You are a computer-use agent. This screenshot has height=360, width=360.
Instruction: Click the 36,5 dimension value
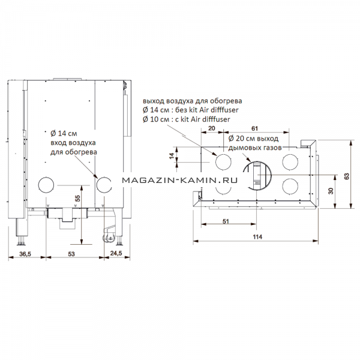[x=25, y=254]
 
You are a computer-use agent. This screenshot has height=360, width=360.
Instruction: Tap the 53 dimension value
[x=71, y=254]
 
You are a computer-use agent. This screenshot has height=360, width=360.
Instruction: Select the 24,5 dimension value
[x=116, y=253]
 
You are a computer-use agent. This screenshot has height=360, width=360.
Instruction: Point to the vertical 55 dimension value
[x=78, y=198]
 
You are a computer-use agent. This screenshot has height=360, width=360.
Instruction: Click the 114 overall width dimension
[x=257, y=237]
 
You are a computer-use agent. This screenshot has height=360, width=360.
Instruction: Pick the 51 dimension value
[x=226, y=221]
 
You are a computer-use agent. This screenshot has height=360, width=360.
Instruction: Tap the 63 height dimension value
[x=347, y=176]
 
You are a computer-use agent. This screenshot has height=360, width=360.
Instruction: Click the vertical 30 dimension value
[x=331, y=191]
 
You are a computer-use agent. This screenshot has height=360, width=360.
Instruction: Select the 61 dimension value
[x=254, y=128]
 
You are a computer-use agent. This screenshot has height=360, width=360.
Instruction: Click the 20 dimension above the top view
[x=211, y=128]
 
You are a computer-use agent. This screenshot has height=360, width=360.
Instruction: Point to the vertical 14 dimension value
[x=172, y=157]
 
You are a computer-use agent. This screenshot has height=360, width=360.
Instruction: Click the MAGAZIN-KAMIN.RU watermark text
[x=179, y=181]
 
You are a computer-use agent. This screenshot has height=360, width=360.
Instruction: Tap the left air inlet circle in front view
[x=38, y=185]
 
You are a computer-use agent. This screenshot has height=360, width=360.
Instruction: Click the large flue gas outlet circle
[x=271, y=176]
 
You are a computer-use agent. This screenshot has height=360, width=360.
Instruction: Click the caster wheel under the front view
[x=108, y=238]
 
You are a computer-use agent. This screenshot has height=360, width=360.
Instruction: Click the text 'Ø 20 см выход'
[x=253, y=139]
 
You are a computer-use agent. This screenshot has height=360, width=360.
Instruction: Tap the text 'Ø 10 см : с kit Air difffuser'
[x=187, y=119]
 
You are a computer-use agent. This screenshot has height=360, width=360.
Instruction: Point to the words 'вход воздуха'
[x=73, y=143]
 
